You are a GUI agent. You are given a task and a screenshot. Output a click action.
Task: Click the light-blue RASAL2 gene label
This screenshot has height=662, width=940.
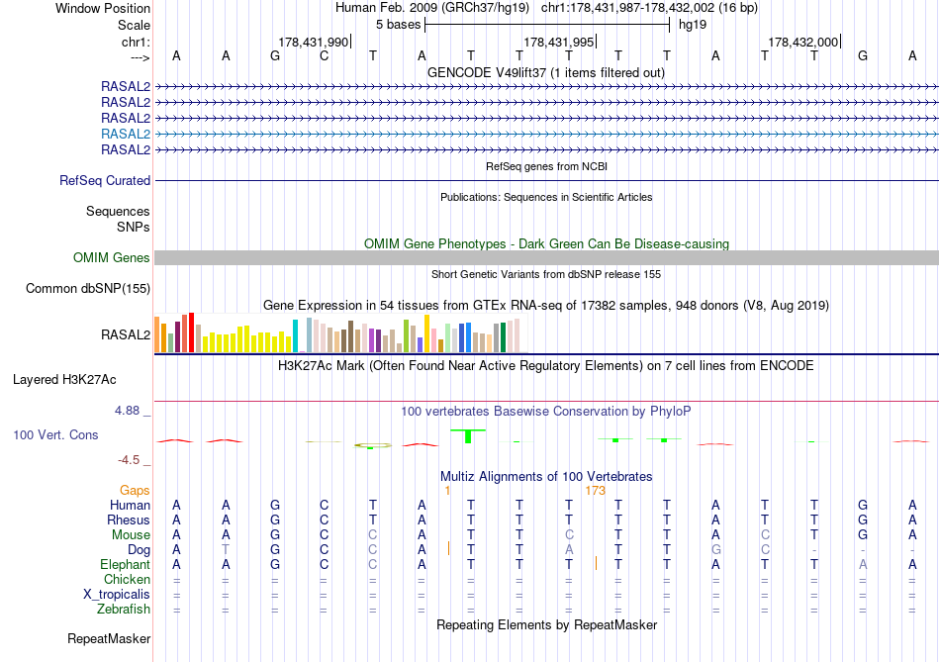[x=126, y=134]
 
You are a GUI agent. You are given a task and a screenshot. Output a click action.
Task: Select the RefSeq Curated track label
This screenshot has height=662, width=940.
[x=105, y=181]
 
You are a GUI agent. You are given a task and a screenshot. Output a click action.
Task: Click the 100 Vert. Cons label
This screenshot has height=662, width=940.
[x=56, y=434]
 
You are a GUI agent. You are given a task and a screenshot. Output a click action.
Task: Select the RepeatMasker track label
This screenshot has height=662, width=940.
[x=109, y=639]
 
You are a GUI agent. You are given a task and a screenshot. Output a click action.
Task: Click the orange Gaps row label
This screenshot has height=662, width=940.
[x=135, y=490]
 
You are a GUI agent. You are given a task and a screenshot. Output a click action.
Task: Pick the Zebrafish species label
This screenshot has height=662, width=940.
[x=124, y=610]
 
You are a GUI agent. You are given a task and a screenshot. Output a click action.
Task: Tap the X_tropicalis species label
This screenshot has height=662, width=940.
[x=117, y=595]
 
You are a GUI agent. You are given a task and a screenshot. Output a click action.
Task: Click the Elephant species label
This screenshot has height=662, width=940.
[x=125, y=565]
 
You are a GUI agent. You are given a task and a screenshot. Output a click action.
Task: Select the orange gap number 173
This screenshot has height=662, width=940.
[x=595, y=490]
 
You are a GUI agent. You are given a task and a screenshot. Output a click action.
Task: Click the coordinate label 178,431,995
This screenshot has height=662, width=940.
[x=559, y=43]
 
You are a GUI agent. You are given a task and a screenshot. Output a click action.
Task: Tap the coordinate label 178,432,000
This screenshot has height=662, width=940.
[x=803, y=43]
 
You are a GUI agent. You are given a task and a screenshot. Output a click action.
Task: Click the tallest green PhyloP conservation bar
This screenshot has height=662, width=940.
[x=468, y=435]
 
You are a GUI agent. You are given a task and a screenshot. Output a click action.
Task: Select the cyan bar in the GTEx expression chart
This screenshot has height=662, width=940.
[x=296, y=337]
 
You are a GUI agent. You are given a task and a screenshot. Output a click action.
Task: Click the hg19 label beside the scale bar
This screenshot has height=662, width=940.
[x=692, y=25]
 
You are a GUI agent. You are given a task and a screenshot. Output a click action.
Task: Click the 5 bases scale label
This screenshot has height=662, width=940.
[x=398, y=25]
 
